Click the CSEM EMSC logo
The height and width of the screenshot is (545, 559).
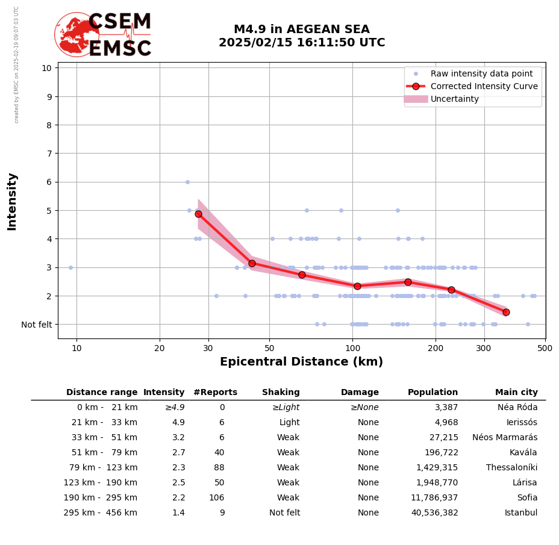click(104, 35)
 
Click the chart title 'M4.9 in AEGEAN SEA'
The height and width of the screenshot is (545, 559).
click(301, 30)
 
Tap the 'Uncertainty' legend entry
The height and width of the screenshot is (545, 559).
click(454, 99)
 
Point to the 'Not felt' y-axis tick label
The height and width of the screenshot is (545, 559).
click(36, 325)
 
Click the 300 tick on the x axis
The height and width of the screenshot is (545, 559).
click(484, 348)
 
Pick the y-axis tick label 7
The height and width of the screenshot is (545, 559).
click(47, 154)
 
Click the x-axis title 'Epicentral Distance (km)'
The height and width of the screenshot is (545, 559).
click(301, 362)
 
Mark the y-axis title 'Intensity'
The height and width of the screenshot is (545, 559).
click(12, 201)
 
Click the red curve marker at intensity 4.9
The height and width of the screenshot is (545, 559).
click(198, 214)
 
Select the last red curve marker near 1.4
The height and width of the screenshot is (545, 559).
click(506, 312)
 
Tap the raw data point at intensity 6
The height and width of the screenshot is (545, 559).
click(187, 182)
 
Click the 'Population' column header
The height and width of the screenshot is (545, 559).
click(433, 393)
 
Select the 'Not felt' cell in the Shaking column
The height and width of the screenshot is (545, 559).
click(284, 513)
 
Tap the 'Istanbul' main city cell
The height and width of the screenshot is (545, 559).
click(521, 513)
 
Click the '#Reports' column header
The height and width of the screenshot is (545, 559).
click(215, 393)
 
